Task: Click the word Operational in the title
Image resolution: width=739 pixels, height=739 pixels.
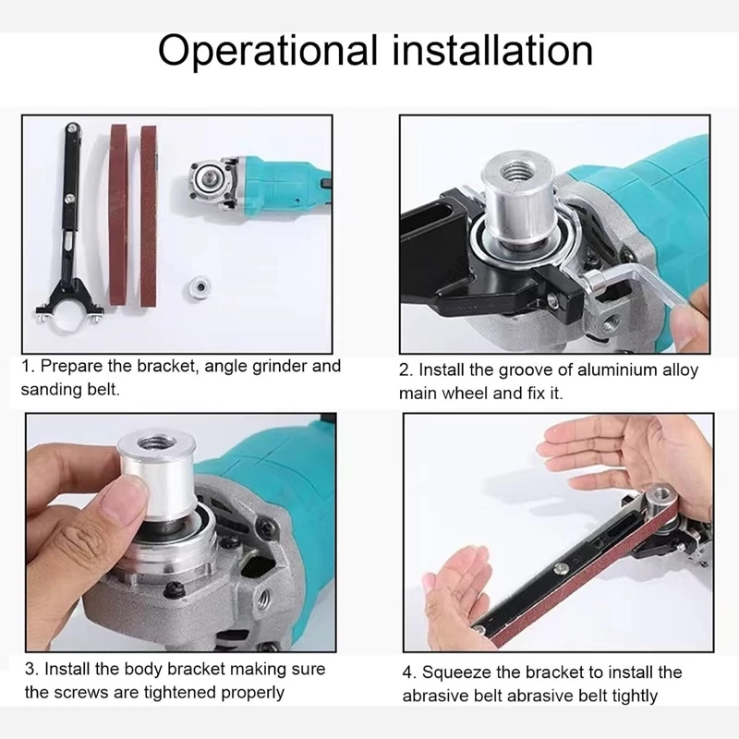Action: [x=268, y=52]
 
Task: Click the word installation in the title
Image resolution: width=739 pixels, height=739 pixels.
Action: [x=492, y=50]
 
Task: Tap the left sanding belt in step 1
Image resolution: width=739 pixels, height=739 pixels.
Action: [x=119, y=214]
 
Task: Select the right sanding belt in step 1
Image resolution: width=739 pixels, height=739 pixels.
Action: [x=149, y=215]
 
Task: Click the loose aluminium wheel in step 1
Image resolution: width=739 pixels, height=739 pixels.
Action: [x=199, y=285]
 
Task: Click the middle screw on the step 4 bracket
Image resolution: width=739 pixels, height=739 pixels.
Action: [x=561, y=568]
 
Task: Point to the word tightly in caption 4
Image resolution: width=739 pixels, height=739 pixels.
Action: [x=635, y=697]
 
